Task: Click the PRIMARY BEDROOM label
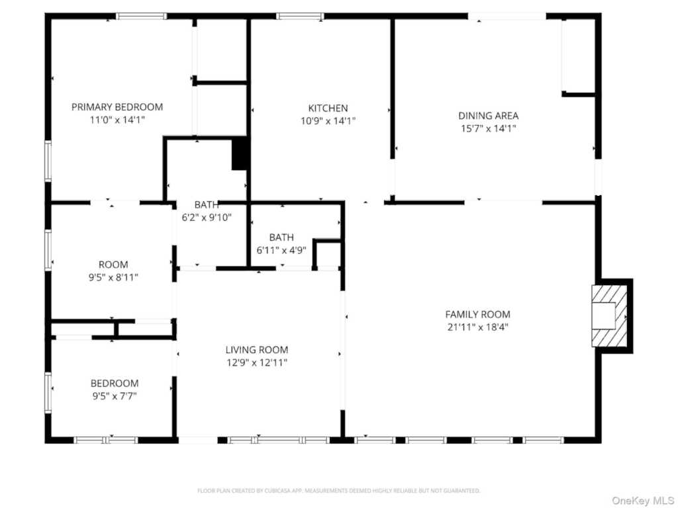click(117, 106)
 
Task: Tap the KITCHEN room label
click(328, 108)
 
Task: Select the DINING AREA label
click(488, 116)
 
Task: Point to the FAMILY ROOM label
click(478, 314)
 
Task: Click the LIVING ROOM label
click(257, 349)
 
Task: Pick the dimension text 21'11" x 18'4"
click(478, 327)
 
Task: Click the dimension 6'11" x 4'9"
click(281, 250)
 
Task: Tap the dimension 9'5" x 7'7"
click(115, 396)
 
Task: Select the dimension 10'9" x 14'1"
click(328, 121)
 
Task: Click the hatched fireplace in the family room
click(610, 316)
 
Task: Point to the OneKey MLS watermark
click(642, 501)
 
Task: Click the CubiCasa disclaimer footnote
click(338, 491)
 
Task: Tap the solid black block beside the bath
click(240, 153)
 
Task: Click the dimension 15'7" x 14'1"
click(488, 129)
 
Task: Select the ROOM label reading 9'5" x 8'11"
click(113, 265)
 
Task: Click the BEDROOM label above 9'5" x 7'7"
click(115, 383)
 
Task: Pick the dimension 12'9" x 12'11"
click(257, 362)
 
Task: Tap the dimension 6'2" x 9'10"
click(207, 217)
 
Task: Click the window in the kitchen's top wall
click(300, 17)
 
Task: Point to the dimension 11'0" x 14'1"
click(117, 120)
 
